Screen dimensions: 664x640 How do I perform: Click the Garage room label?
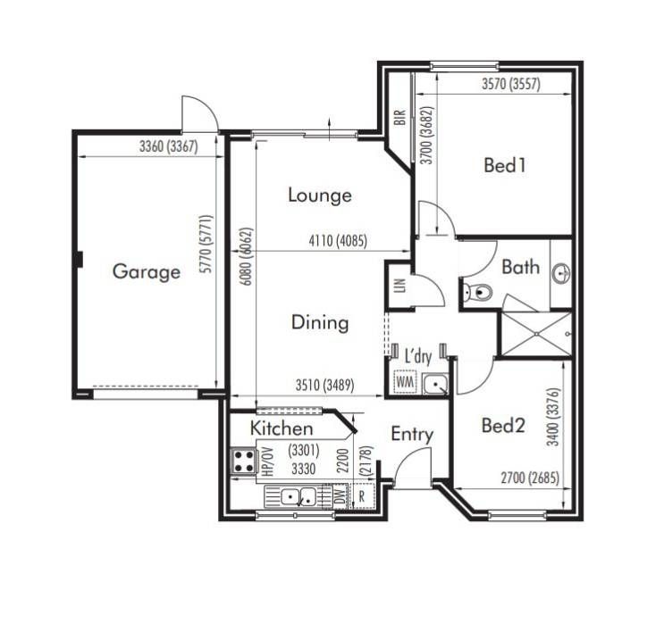(x=147, y=271)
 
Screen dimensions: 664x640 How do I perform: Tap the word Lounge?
(x=320, y=195)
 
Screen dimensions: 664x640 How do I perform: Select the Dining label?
(x=320, y=323)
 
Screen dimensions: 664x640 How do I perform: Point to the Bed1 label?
(x=505, y=164)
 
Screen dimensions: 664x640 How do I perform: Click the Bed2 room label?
(x=503, y=425)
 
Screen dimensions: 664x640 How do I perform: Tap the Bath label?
(x=520, y=268)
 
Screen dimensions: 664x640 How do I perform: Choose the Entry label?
(x=412, y=435)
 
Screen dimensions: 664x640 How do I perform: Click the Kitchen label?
(x=282, y=428)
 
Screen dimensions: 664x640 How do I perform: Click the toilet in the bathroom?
(x=477, y=291)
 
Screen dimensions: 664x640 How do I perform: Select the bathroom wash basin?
(x=562, y=273)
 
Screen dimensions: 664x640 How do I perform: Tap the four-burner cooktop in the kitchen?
(x=244, y=461)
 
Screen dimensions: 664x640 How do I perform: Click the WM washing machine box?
(x=405, y=382)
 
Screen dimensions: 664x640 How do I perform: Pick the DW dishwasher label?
(x=340, y=496)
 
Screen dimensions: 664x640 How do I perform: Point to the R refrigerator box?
(x=362, y=495)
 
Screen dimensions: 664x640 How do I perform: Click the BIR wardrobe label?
(x=399, y=117)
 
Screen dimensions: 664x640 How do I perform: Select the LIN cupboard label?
(x=400, y=286)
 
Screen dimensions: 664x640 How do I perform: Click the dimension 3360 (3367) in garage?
(x=169, y=146)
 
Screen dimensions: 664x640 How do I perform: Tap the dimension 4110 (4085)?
(x=338, y=241)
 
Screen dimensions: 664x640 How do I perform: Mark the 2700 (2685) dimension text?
(x=530, y=478)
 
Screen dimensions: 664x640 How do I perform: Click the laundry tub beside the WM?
(x=435, y=384)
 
